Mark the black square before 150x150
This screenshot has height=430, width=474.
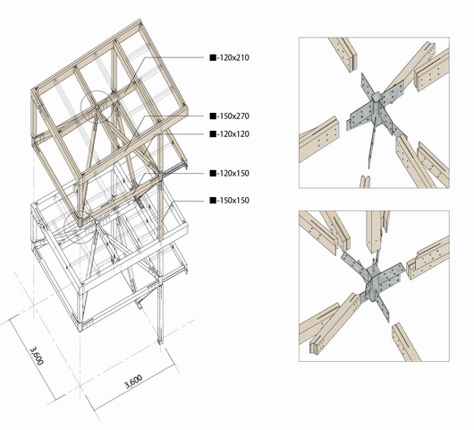[212, 200]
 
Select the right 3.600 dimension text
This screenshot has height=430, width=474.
[131, 381]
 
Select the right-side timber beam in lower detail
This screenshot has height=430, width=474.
[428, 259]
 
